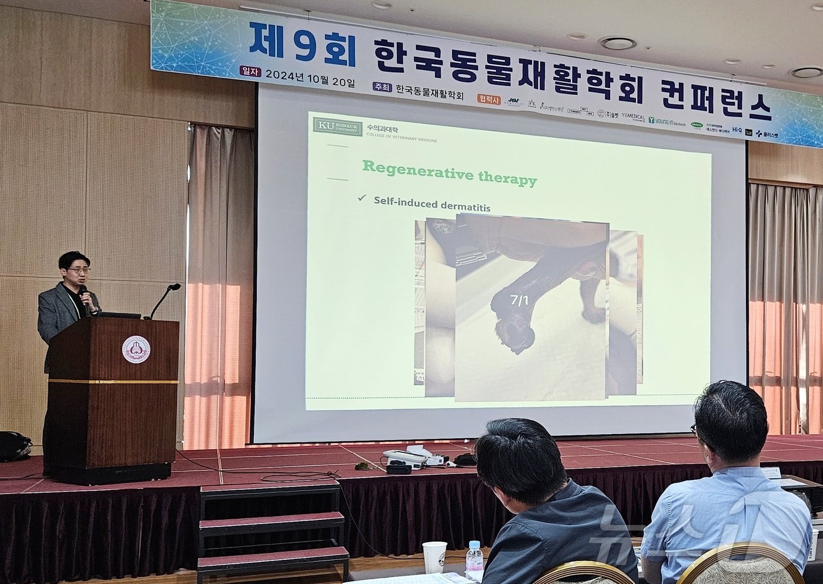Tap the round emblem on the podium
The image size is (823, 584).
point(136,350)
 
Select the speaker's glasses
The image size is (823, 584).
point(78,270)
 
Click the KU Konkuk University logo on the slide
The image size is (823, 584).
point(337,127)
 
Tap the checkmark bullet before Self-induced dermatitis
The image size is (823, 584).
point(362,198)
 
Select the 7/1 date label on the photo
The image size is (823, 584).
point(519,301)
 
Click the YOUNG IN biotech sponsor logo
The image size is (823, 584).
point(667,121)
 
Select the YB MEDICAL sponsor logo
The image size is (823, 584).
point(633,117)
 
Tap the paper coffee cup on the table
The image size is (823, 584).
point(434,556)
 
